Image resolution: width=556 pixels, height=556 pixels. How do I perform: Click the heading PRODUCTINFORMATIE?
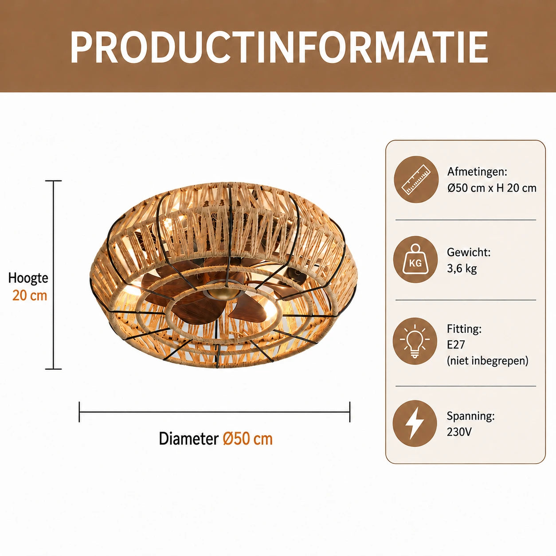[279, 47]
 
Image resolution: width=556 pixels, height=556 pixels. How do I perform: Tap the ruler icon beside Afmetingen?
[416, 179]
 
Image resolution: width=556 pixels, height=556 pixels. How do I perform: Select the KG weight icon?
[415, 259]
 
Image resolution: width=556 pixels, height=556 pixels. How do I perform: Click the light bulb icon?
[415, 341]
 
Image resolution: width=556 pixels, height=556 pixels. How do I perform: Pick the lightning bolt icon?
[415, 423]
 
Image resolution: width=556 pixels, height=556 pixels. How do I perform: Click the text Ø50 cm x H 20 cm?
[492, 188]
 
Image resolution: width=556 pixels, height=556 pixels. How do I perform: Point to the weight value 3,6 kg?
[462, 269]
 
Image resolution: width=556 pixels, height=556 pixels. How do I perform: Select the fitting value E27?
[456, 345]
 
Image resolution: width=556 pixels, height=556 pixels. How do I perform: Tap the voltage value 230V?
[459, 432]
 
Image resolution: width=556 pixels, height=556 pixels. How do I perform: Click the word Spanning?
[470, 416]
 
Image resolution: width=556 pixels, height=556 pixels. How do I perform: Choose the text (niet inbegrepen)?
[488, 360]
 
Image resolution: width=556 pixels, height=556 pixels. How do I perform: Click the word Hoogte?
[28, 278]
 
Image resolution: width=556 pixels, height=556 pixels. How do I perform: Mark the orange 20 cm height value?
[30, 296]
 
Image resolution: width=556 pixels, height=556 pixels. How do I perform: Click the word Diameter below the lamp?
[189, 439]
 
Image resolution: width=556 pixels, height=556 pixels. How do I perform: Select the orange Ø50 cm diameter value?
[248, 439]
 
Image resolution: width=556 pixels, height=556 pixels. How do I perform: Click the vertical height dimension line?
[53, 275]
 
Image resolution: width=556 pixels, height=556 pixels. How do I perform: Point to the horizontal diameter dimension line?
[215, 412]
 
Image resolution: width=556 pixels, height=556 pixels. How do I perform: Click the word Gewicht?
[469, 252]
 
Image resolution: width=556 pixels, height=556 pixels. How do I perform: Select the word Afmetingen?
[477, 172]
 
